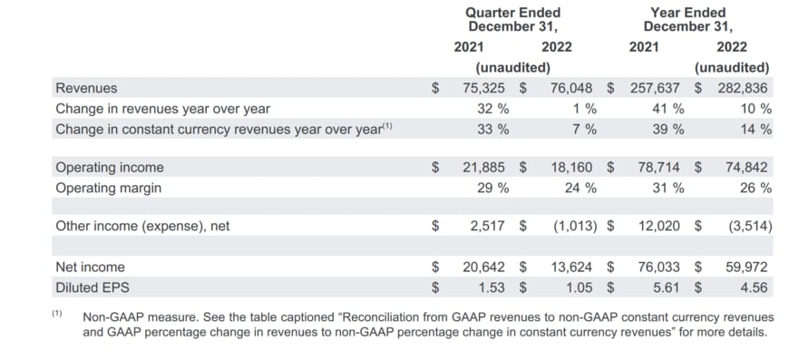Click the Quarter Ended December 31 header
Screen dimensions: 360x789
(512, 20)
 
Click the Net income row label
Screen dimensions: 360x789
(90, 268)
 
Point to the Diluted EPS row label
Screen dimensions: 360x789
(93, 287)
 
